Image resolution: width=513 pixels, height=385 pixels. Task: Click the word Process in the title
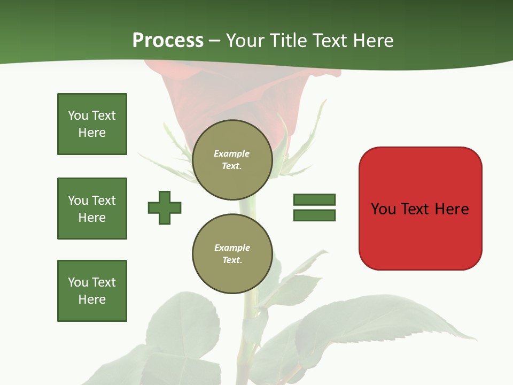168,41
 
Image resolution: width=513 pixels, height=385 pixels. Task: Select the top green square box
92,124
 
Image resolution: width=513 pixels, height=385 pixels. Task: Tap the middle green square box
92,209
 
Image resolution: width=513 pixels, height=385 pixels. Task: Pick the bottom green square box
92,291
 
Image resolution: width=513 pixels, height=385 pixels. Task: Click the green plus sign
165,207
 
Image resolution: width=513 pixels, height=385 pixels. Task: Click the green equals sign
314,207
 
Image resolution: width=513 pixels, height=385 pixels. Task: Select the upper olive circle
232,160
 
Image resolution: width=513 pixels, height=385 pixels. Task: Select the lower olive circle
232,254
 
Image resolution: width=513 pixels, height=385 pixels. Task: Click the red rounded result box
420,209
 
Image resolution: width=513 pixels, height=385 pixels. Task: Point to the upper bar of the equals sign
314,200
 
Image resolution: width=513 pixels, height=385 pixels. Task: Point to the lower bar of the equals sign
314,215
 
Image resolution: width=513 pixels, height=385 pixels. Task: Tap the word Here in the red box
452,209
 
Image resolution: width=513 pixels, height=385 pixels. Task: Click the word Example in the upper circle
231,153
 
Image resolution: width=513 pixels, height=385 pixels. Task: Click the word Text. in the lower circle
232,260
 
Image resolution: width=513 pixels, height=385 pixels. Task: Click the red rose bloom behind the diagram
235,91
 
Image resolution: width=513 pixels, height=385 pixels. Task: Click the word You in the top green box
78,115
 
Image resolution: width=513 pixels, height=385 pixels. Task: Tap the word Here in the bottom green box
92,299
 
